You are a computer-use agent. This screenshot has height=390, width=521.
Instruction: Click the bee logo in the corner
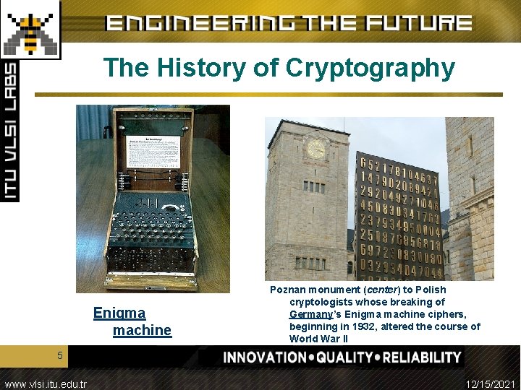pyautogui.click(x=30, y=28)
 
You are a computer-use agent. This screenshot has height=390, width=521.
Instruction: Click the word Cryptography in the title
pyautogui.click(x=370, y=68)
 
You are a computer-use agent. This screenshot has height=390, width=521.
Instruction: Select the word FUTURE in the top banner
pyautogui.click(x=419, y=22)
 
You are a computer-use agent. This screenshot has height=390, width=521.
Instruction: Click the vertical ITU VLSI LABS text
pyautogui.click(x=10, y=130)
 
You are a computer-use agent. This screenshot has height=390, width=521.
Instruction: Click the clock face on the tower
pyautogui.click(x=315, y=148)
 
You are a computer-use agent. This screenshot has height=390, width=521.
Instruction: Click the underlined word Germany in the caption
pyautogui.click(x=310, y=314)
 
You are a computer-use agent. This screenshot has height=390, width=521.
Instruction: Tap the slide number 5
pyautogui.click(x=61, y=355)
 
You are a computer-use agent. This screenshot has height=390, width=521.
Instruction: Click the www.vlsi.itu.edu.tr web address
pyautogui.click(x=45, y=384)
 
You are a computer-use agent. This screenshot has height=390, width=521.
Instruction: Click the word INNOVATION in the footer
pyautogui.click(x=265, y=357)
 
